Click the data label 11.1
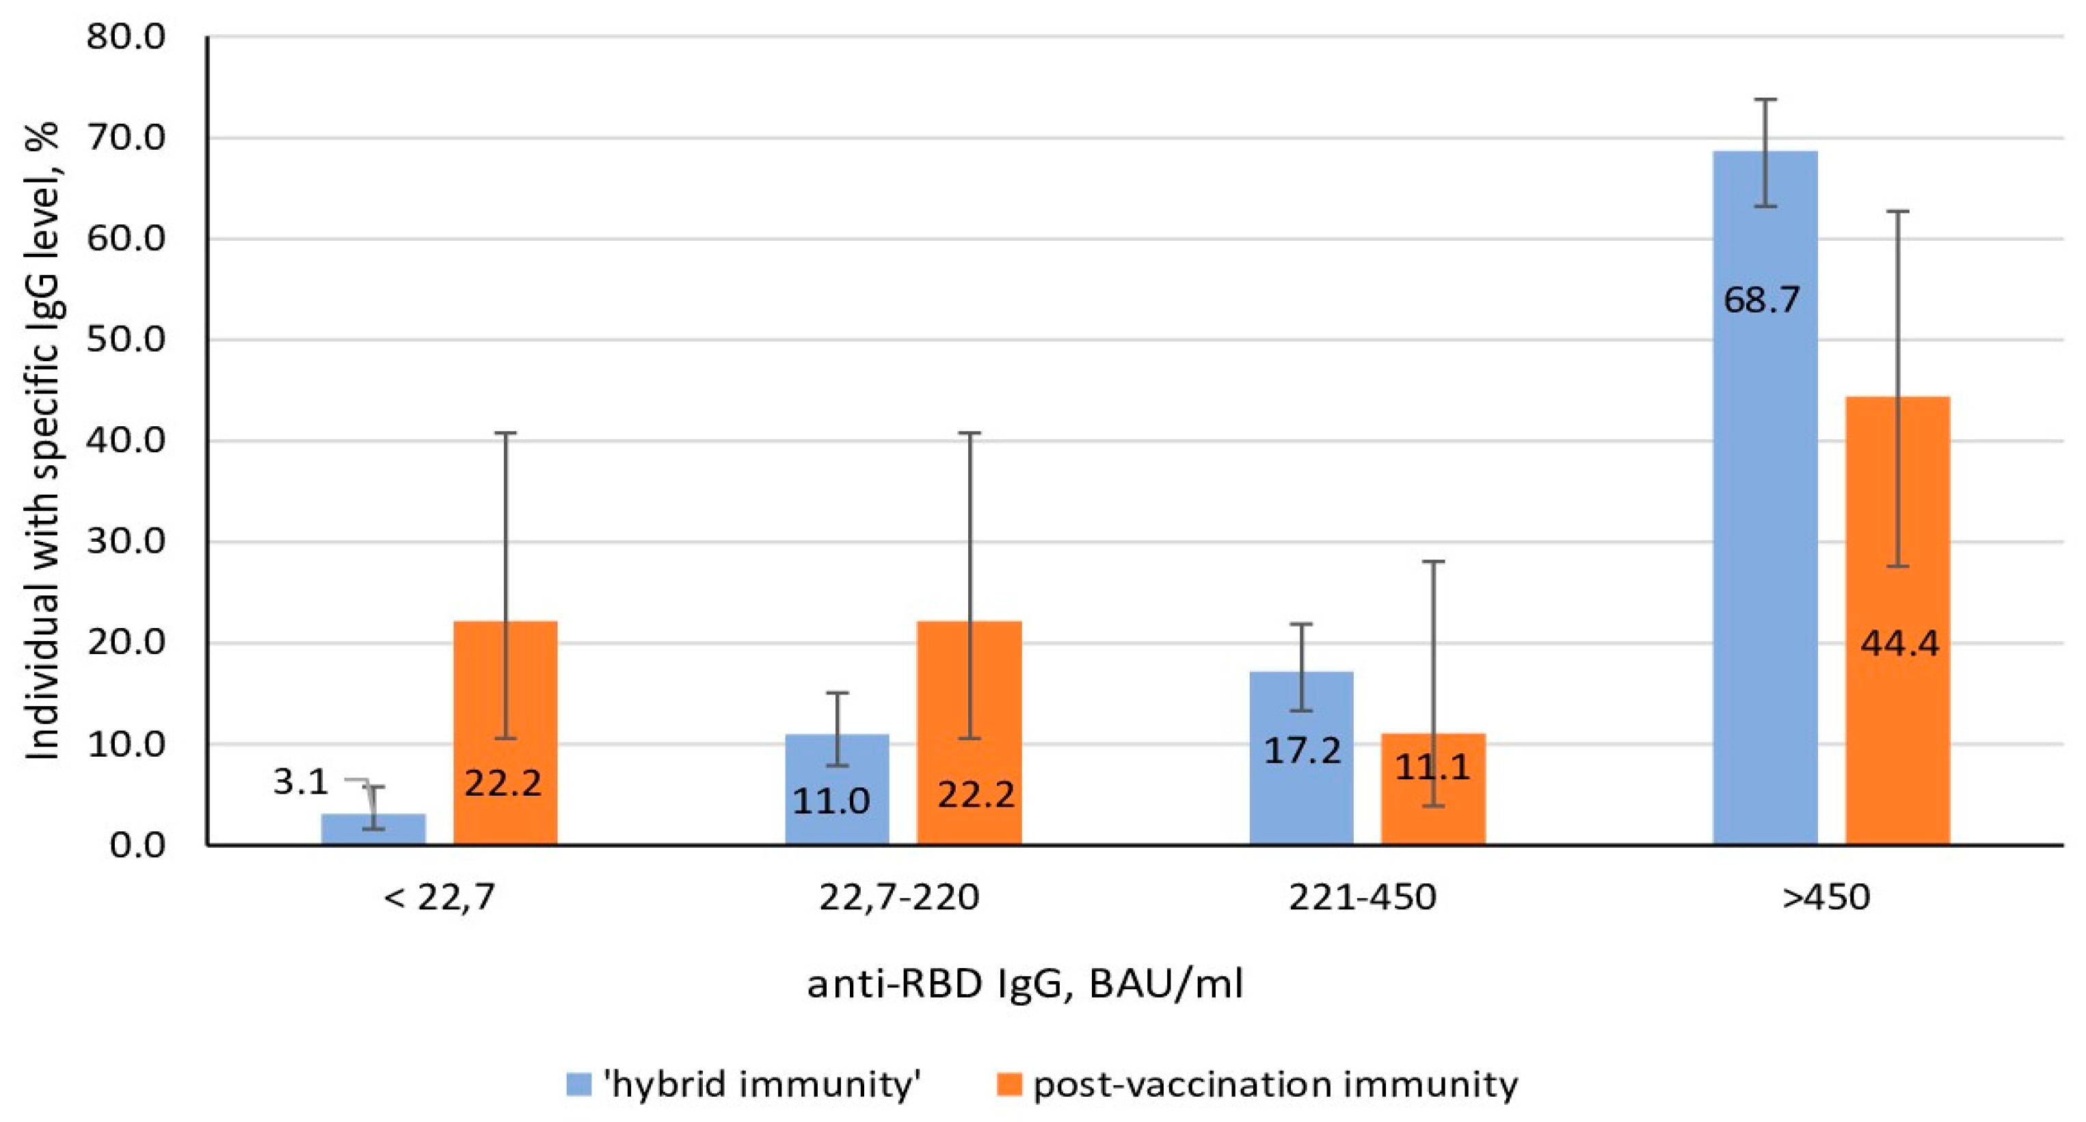[1432, 766]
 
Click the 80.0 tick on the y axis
[126, 37]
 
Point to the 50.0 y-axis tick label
[126, 340]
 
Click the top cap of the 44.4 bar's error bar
[1897, 211]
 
